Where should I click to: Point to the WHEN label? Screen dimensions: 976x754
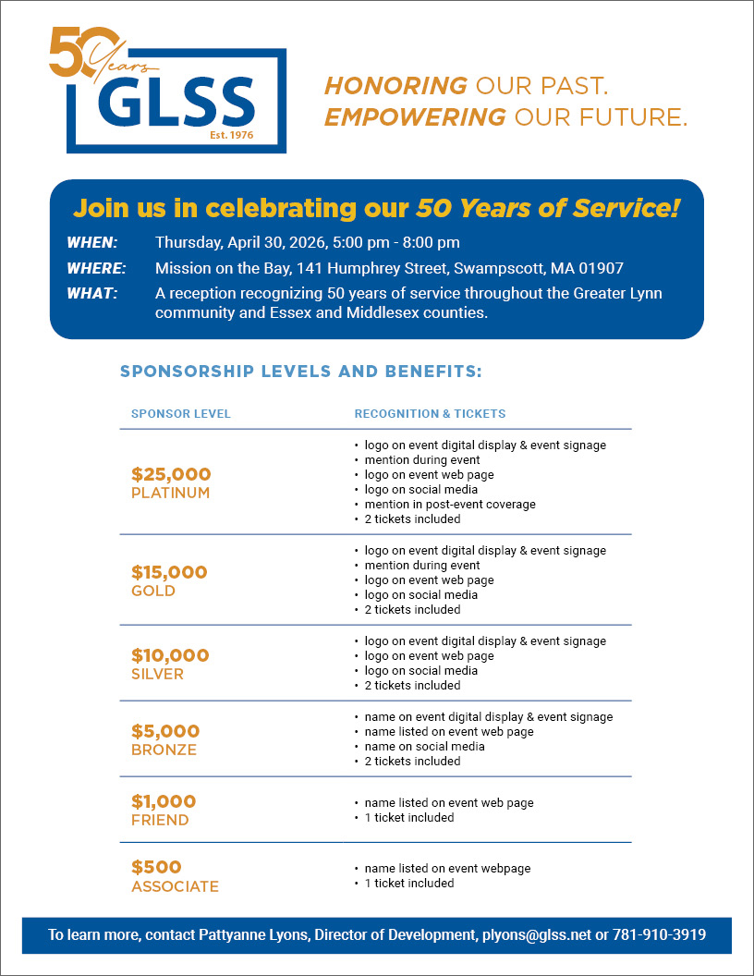pos(92,243)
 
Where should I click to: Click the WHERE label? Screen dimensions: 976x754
pos(96,268)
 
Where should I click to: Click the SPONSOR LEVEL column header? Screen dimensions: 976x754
pos(181,413)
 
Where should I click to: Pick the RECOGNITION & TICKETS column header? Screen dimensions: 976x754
pos(430,413)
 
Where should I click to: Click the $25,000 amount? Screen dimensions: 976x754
pos(171,474)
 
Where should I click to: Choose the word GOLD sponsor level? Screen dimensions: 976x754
pos(153,591)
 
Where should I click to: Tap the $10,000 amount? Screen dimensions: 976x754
pos(170,655)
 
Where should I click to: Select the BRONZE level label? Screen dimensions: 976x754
pos(164,750)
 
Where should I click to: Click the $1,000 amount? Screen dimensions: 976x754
pos(164,801)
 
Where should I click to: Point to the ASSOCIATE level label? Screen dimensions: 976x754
pos(175,886)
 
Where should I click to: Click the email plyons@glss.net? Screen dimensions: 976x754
pos(536,934)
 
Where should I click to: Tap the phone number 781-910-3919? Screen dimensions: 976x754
pos(661,934)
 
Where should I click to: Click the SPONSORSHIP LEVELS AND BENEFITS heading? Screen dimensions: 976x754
pos(301,372)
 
